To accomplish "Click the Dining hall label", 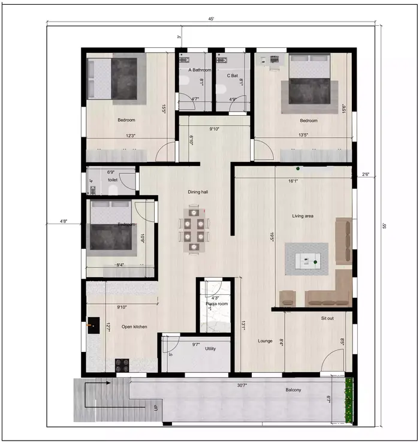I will tap(197, 192).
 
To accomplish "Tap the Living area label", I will tap(303, 216).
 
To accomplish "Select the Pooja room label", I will tap(216, 304).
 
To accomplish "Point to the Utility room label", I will tap(210, 348).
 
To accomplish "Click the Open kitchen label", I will tap(134, 327).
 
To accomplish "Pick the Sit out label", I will tap(327, 318).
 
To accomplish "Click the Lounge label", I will tap(265, 341).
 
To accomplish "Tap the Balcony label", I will tap(293, 390).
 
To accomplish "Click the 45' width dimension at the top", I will tap(211, 19).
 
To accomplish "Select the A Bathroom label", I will tap(198, 70).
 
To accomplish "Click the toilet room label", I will tap(112, 180).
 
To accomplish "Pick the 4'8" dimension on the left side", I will tap(64, 222).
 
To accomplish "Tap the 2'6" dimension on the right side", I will tap(366, 174).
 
